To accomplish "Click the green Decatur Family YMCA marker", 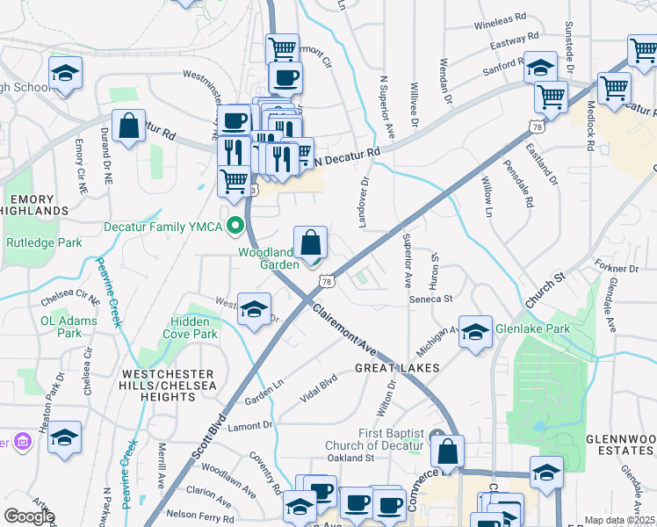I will tap(235, 227).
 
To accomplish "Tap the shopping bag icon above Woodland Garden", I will tap(310, 242).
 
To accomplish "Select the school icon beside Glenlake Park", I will tap(475, 332).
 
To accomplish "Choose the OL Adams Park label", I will tap(69, 327).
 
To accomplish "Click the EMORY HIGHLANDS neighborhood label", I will tap(35, 206).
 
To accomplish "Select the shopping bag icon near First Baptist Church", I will tap(448, 452).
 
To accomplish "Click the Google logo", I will tap(28, 516).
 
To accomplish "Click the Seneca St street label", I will tap(430, 300).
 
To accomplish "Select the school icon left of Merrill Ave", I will tap(65, 437).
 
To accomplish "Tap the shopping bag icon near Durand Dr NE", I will tap(128, 126).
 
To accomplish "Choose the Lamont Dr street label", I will tap(250, 425).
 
